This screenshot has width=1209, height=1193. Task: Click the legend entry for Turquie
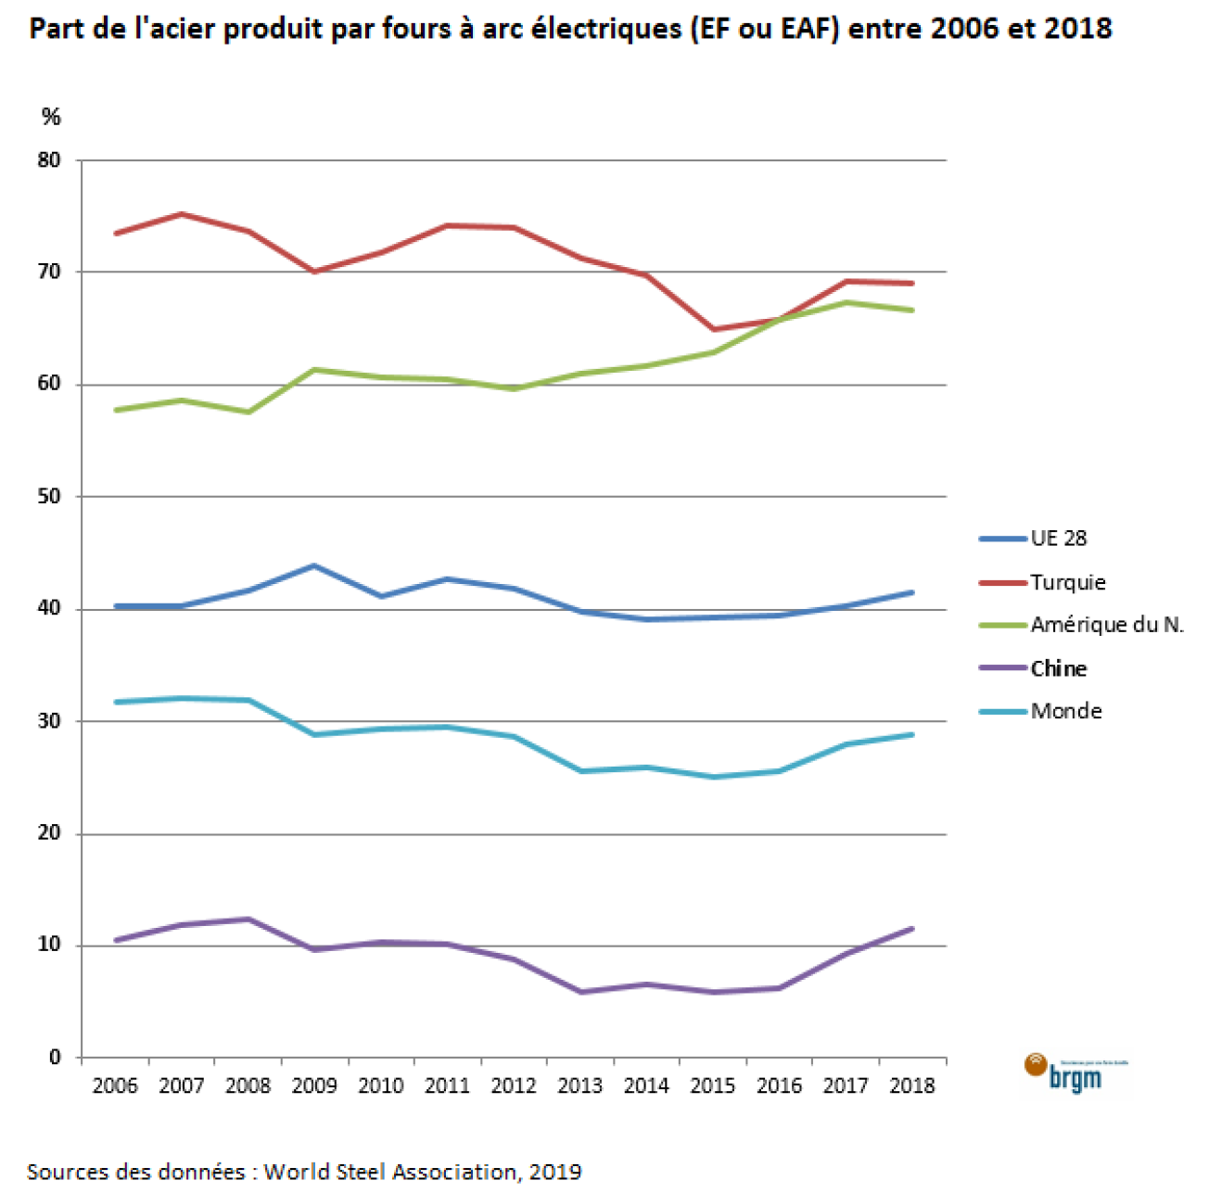coord(1067,582)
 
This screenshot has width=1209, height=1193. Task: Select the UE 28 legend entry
coord(1058,539)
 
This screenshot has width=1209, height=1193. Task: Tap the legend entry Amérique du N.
coord(1106,625)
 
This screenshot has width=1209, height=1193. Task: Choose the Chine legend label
coord(1058,668)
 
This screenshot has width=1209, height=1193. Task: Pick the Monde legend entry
coord(1065,711)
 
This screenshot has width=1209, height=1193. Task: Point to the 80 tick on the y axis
coord(49,160)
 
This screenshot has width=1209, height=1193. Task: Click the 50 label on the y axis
coord(49,497)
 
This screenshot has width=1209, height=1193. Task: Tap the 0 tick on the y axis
coord(55,1058)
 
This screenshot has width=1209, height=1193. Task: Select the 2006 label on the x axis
coord(115,1085)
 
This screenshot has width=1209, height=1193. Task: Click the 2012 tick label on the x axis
coord(514,1085)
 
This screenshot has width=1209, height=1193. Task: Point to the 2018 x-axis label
coord(912,1085)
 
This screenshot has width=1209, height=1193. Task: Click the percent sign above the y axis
coord(51,117)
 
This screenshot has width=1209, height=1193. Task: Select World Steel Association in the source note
coord(390,1172)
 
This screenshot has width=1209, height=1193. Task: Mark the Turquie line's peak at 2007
coord(182,214)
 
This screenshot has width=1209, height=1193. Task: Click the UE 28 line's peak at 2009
coord(314,565)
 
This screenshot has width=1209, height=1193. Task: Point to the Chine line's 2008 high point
coord(248,919)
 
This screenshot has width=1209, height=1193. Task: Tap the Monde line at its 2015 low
coord(713,777)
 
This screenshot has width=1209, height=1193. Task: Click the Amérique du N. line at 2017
coord(846,302)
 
